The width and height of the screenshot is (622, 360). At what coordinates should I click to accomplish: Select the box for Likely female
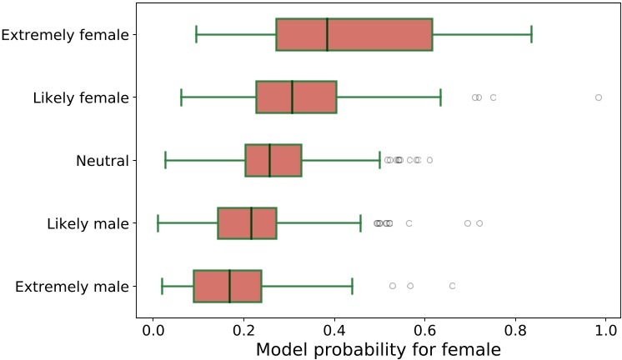coord(296,97)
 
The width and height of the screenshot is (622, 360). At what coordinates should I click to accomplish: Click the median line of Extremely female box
coord(328,34)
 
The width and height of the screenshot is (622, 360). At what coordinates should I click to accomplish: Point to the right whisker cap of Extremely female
coord(531,34)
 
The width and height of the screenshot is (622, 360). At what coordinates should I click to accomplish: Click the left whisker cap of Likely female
coord(181,97)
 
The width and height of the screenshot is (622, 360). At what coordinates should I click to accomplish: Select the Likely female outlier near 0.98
coord(599,97)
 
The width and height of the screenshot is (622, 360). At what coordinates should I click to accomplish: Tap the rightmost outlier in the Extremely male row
coord(452,286)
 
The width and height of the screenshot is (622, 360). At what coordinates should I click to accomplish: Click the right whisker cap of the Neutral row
coord(379,160)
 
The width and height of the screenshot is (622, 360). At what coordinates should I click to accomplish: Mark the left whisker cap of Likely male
coord(158,223)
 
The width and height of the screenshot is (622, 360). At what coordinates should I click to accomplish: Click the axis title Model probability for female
coord(378,350)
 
